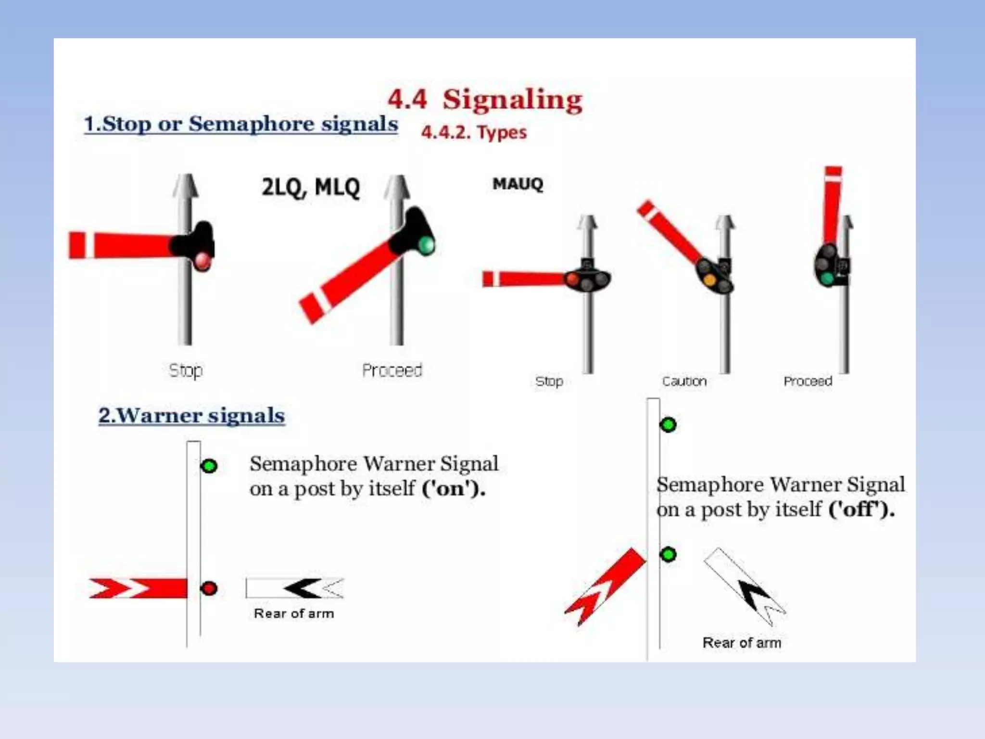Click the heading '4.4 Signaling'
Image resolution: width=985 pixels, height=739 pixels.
(485, 100)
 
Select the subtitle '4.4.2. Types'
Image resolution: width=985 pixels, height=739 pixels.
(474, 132)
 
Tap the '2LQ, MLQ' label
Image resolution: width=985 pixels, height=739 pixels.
(311, 187)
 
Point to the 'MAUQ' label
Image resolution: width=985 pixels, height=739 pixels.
(518, 184)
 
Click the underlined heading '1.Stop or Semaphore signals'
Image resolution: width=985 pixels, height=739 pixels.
(240, 124)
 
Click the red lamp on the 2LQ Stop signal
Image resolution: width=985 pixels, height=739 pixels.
(202, 261)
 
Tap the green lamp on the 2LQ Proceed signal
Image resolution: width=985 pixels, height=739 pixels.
(426, 244)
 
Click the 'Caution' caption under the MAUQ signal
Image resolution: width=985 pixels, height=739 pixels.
(684, 382)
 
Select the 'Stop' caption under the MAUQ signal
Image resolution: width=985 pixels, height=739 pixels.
(549, 382)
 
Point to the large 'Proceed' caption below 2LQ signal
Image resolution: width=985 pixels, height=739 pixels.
(391, 370)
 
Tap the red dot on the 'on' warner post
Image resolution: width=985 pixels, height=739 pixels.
(209, 588)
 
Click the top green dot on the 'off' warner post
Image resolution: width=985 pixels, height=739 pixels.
(668, 425)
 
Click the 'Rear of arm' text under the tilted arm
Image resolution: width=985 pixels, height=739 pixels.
(741, 643)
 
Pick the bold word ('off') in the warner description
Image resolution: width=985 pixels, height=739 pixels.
(861, 509)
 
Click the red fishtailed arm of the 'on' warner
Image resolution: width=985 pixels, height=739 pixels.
(139, 588)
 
